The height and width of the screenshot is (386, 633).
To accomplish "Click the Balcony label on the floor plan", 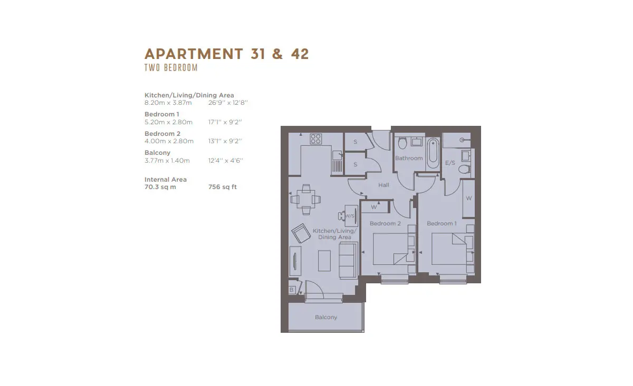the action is coord(326,317).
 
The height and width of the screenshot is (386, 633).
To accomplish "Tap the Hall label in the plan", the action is coord(383,185).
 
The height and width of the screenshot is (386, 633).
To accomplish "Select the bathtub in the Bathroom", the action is coord(433,153).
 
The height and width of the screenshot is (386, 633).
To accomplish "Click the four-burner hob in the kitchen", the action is coord(315,139).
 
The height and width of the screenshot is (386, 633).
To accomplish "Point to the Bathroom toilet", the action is coord(402,143).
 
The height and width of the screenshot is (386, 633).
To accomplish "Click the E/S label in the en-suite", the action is coord(450,163).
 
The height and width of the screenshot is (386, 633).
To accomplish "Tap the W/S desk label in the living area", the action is coord(350,216).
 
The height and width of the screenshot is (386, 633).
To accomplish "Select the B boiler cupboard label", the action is coord(291,290).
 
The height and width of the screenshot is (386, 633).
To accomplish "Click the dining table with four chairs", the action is coord(306,200).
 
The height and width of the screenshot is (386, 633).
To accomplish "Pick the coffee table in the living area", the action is coord(324,261).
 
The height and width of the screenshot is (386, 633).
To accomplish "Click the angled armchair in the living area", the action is coord(301,233).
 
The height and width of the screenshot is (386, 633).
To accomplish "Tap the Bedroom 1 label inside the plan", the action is coord(442,223).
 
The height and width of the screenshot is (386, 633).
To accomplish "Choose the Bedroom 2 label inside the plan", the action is coord(385,223).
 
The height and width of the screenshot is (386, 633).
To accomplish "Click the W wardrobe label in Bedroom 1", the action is coord(468,198).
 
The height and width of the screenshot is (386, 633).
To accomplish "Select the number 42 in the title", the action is coord(300,54).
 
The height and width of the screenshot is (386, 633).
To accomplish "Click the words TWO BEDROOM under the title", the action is coord(171,68).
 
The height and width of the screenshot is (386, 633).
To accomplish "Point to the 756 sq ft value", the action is coord(223,187).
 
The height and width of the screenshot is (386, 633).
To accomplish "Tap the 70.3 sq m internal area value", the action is coord(160,187).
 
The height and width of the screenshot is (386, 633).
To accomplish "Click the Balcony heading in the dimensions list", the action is coord(157,153).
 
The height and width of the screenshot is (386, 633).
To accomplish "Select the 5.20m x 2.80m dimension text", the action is coord(168,122).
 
